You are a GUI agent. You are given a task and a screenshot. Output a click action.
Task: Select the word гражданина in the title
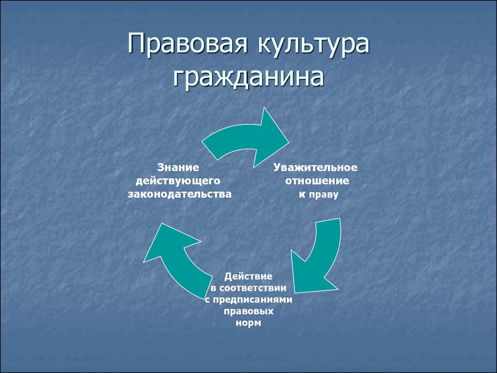248,76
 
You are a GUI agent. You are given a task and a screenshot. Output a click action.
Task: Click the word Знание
179,167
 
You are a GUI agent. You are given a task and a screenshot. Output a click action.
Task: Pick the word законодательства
180,194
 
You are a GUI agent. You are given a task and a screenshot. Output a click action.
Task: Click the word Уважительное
315,168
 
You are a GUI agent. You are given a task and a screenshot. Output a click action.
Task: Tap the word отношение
317,181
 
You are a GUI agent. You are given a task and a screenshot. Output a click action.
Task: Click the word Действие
248,276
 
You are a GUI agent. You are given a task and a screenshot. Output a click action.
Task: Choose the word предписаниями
252,300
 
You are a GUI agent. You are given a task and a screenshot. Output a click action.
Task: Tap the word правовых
248,311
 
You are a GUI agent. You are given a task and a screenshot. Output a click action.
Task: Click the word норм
248,323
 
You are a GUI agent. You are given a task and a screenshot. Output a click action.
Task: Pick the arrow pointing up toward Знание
178,260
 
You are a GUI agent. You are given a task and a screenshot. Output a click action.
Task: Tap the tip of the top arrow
288,142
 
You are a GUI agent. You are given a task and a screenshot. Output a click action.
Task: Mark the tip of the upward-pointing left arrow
161,223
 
